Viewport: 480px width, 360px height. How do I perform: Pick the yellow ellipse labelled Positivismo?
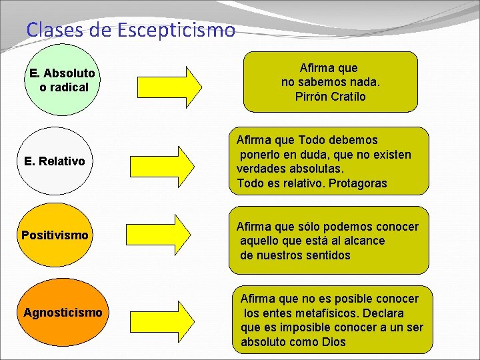point(55,235)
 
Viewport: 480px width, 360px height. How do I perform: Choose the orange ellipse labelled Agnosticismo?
point(63,313)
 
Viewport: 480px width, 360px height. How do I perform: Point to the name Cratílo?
point(349,97)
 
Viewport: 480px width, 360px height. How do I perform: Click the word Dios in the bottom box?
point(333,342)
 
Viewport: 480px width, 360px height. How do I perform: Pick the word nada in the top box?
point(364,82)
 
